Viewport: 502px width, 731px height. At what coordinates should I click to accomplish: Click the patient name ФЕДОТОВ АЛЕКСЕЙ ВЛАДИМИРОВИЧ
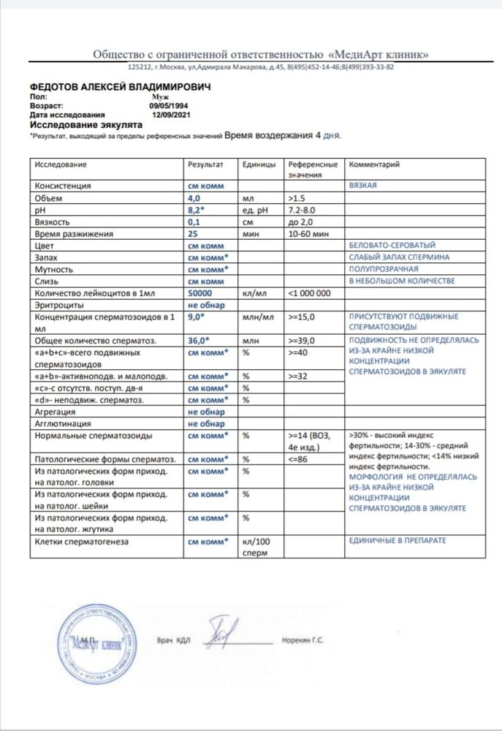pyautogui.click(x=120, y=87)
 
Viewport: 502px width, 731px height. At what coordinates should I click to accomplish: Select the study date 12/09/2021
pyautogui.click(x=171, y=115)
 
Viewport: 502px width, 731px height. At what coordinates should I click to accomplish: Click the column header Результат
pyautogui.click(x=205, y=165)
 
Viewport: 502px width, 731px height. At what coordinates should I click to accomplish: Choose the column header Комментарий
pyautogui.click(x=376, y=165)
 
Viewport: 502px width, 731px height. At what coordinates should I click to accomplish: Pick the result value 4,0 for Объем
pyautogui.click(x=194, y=198)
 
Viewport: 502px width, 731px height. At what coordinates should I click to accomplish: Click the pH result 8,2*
pyautogui.click(x=196, y=210)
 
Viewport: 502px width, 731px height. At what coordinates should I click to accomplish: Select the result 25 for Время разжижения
pyautogui.click(x=194, y=233)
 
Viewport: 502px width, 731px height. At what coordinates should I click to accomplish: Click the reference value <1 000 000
pyautogui.click(x=311, y=292)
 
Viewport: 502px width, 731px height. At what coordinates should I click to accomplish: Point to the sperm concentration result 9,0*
pyautogui.click(x=196, y=317)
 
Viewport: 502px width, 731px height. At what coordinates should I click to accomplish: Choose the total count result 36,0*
pyautogui.click(x=198, y=340)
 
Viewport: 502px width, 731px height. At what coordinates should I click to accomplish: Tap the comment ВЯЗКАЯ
pyautogui.click(x=364, y=186)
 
